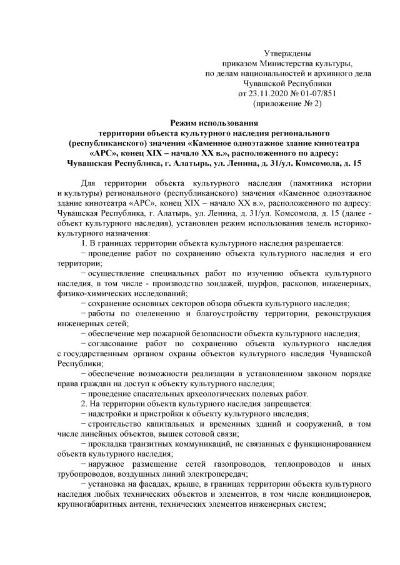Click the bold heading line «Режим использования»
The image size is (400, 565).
(200, 124)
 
